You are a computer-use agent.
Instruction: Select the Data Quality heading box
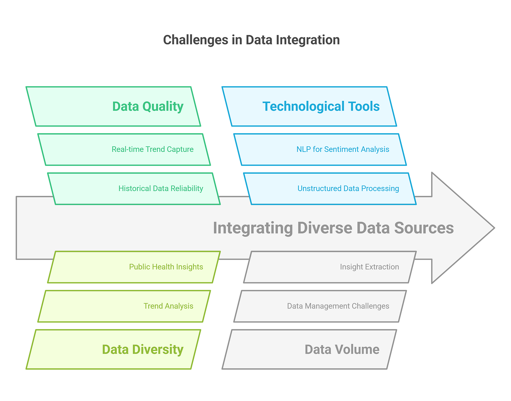coord(113,106)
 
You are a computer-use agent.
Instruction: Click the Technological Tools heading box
coord(309,106)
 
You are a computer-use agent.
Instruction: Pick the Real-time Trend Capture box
coord(124,149)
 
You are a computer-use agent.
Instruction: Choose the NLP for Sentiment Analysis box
coord(320,149)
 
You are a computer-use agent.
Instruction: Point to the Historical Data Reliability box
coord(134,188)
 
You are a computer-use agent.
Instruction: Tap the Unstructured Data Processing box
coord(330,188)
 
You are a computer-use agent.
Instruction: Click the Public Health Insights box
coord(134,267)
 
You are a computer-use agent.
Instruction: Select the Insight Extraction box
coord(330,267)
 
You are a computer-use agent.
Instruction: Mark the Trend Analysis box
coord(124,306)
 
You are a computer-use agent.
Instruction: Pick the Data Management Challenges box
coord(320,306)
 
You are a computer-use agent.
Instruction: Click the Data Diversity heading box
coord(113,349)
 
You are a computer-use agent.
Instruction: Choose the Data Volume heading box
coord(309,349)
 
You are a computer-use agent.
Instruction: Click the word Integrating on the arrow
coord(253,228)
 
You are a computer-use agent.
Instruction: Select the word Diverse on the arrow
coord(324,228)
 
